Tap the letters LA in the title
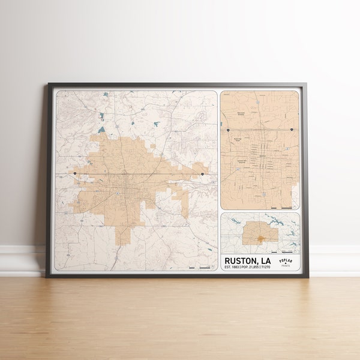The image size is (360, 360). point(265,261)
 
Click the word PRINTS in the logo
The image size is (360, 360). point(286,266)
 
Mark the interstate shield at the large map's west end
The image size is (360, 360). point(75,173)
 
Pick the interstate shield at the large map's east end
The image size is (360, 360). point(202,174)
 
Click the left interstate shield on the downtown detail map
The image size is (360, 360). point(229,129)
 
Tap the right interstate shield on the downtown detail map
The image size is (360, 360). point(292,129)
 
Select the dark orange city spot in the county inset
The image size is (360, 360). point(260,238)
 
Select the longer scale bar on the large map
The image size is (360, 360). point(205,267)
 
